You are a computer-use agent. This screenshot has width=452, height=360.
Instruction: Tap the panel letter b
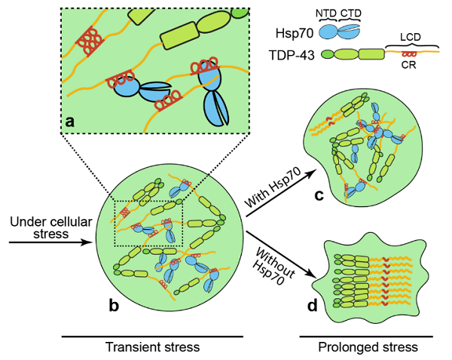115,306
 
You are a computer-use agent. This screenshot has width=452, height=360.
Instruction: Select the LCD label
411,36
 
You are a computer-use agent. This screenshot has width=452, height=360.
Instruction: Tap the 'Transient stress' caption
153,347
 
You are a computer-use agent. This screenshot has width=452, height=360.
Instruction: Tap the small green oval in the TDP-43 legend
325,54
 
